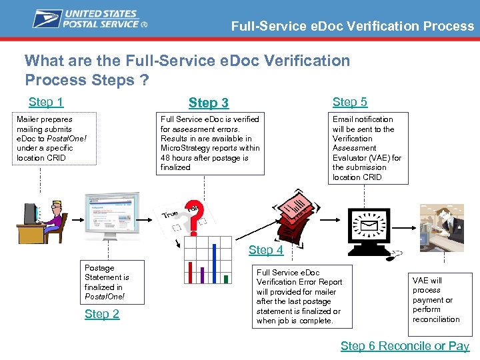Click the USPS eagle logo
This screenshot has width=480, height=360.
point(47,19)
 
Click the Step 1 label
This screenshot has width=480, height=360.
point(46,102)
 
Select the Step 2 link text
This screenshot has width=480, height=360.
point(102,314)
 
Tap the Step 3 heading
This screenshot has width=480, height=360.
point(209,103)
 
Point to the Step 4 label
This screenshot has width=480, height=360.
point(266,250)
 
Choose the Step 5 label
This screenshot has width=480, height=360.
point(350,102)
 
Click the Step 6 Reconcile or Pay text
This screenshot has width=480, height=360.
point(405,345)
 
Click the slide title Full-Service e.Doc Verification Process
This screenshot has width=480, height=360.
point(352,27)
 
